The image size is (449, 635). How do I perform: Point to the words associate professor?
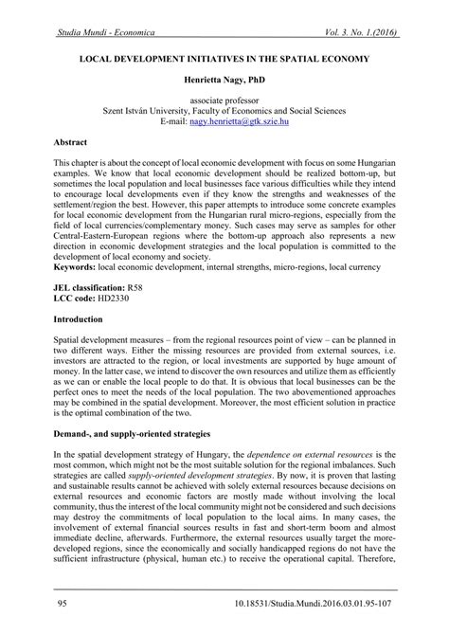click(x=224, y=99)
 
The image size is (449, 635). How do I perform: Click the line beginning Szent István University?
click(x=224, y=110)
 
